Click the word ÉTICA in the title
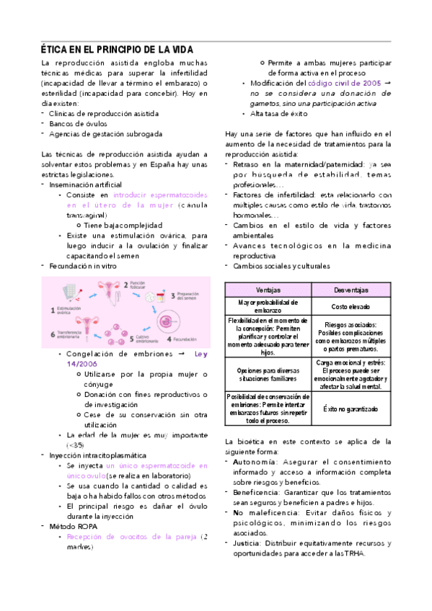(x=54, y=49)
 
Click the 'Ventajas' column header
(x=268, y=290)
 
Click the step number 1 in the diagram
(x=52, y=311)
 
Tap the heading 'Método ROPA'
(x=73, y=526)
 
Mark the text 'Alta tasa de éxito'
(x=278, y=114)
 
